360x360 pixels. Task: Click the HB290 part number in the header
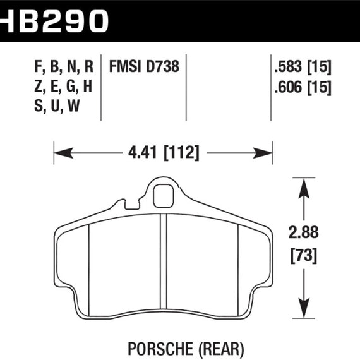click(x=54, y=21)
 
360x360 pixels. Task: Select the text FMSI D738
click(x=144, y=66)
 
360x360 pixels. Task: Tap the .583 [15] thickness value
click(x=303, y=67)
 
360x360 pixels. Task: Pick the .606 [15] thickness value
click(x=303, y=87)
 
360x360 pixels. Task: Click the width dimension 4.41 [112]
click(x=164, y=153)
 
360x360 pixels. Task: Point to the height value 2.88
click(x=304, y=232)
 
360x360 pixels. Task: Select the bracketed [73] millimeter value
click(x=304, y=256)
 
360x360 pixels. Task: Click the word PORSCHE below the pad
click(x=160, y=349)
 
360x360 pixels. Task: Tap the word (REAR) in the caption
click(x=221, y=349)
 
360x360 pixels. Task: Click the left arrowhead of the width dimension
click(x=63, y=153)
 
